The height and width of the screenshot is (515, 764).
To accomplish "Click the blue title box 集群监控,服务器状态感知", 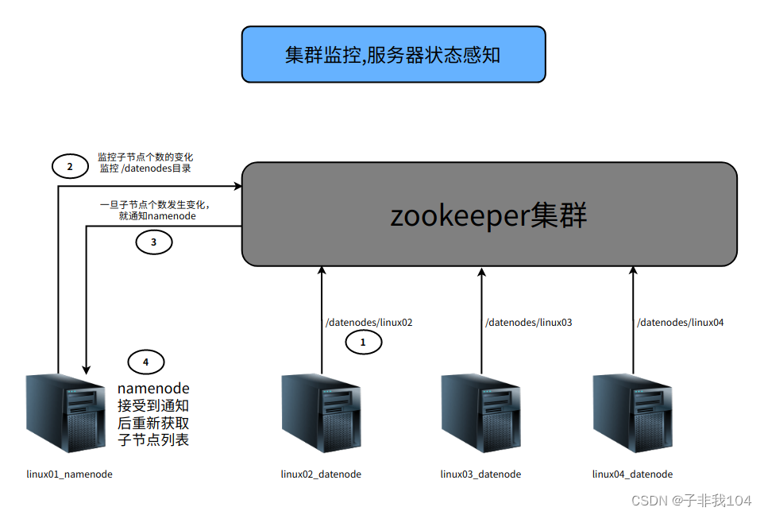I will [393, 54].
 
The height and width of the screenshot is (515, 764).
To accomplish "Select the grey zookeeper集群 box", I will [488, 215].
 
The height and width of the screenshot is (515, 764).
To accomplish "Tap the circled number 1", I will [363, 343].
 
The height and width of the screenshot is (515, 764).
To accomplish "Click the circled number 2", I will [70, 166].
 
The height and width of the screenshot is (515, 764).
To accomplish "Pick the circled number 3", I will [154, 242].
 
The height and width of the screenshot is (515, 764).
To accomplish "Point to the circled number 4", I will [145, 362].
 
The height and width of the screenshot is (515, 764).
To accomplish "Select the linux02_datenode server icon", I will [321, 413].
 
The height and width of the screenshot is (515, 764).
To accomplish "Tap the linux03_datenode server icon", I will [480, 413].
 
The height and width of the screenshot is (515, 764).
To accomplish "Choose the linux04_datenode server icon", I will [632, 413].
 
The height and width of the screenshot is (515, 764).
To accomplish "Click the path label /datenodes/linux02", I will [368, 323].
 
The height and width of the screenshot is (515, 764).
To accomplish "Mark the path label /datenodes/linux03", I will [528, 323].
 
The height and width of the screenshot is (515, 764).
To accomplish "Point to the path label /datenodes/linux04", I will [680, 323].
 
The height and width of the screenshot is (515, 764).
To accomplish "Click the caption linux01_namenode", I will [69, 474].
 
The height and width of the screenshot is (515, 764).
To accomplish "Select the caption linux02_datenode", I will [321, 474].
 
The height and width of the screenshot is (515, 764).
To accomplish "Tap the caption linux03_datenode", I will [480, 474].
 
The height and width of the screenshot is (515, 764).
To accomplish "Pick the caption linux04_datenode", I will [632, 474].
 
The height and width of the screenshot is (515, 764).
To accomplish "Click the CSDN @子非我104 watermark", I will [691, 500].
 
